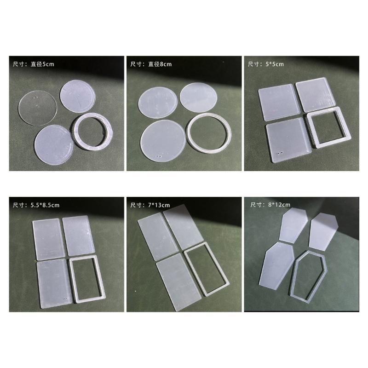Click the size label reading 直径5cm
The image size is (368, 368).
click(34, 64)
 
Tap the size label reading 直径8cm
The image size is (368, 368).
click(151, 64)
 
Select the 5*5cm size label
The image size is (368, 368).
click(265, 64)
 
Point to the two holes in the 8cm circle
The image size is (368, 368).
click(160, 157)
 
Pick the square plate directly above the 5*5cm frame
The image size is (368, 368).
click(316, 95)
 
